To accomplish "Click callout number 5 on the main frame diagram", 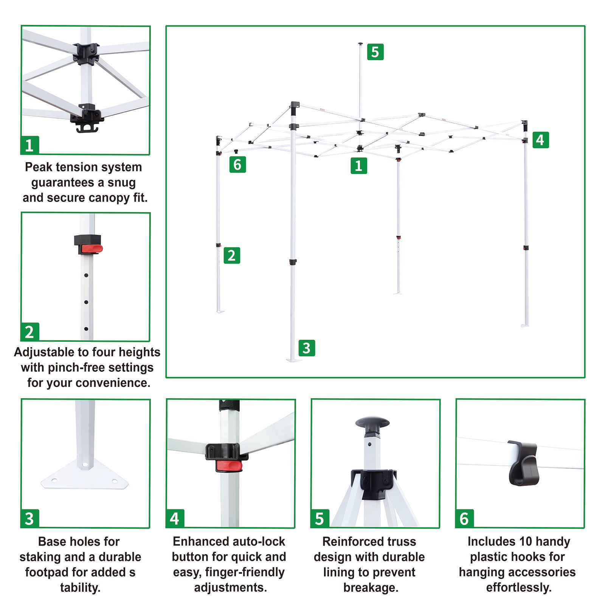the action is (x=375, y=52).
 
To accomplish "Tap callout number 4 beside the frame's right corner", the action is (x=540, y=140).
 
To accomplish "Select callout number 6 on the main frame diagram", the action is (x=237, y=164).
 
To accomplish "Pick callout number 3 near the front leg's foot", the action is (x=307, y=348).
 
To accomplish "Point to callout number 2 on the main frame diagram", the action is (x=232, y=255).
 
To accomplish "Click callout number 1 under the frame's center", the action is (x=359, y=166).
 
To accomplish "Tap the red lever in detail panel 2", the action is (x=92, y=248).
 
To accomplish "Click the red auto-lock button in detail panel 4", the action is (x=229, y=466).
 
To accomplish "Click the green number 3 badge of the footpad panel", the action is (x=29, y=518).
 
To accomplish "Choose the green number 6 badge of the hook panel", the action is (x=464, y=518).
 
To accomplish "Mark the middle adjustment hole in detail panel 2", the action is (x=86, y=302).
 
